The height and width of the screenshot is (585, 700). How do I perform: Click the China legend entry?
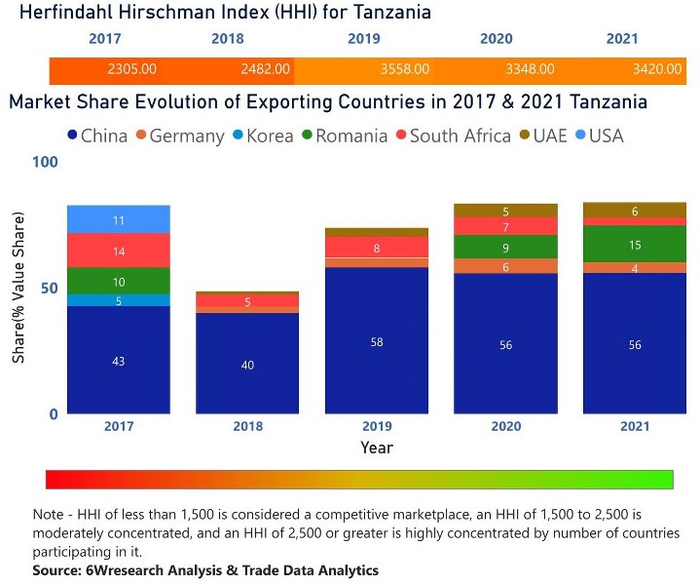(96, 136)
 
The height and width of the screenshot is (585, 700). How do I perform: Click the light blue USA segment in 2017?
(119, 220)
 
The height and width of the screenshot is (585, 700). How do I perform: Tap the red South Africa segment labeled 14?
(119, 252)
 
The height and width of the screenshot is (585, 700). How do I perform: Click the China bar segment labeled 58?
(376, 341)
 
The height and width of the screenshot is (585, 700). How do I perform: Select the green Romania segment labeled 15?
(635, 245)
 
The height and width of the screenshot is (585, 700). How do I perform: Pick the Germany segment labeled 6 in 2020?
(505, 266)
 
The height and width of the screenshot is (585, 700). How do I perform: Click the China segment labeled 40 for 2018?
(247, 364)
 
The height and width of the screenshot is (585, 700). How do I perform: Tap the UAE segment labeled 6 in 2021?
(635, 211)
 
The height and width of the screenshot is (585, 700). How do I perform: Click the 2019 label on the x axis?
(376, 427)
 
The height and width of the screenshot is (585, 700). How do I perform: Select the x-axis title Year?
(376, 448)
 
